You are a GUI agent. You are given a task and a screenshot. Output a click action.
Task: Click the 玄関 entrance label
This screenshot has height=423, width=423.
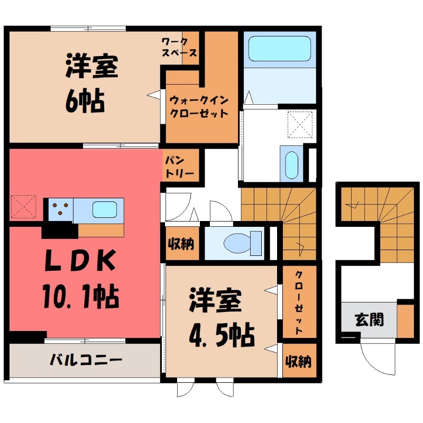369,320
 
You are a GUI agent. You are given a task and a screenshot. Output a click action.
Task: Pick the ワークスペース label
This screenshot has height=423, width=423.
180,47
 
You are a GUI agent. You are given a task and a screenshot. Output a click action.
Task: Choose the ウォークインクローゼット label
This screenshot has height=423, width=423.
199,106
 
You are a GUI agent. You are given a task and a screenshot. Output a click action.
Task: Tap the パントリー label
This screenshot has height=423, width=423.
180,165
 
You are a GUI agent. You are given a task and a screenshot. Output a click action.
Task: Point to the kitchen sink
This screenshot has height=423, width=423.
104,210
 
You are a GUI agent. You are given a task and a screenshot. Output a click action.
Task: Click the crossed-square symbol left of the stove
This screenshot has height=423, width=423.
23,207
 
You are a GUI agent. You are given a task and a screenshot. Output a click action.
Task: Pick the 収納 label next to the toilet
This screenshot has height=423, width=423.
181,244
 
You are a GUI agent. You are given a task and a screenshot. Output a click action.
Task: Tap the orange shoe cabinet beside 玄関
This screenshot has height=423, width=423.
405,320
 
